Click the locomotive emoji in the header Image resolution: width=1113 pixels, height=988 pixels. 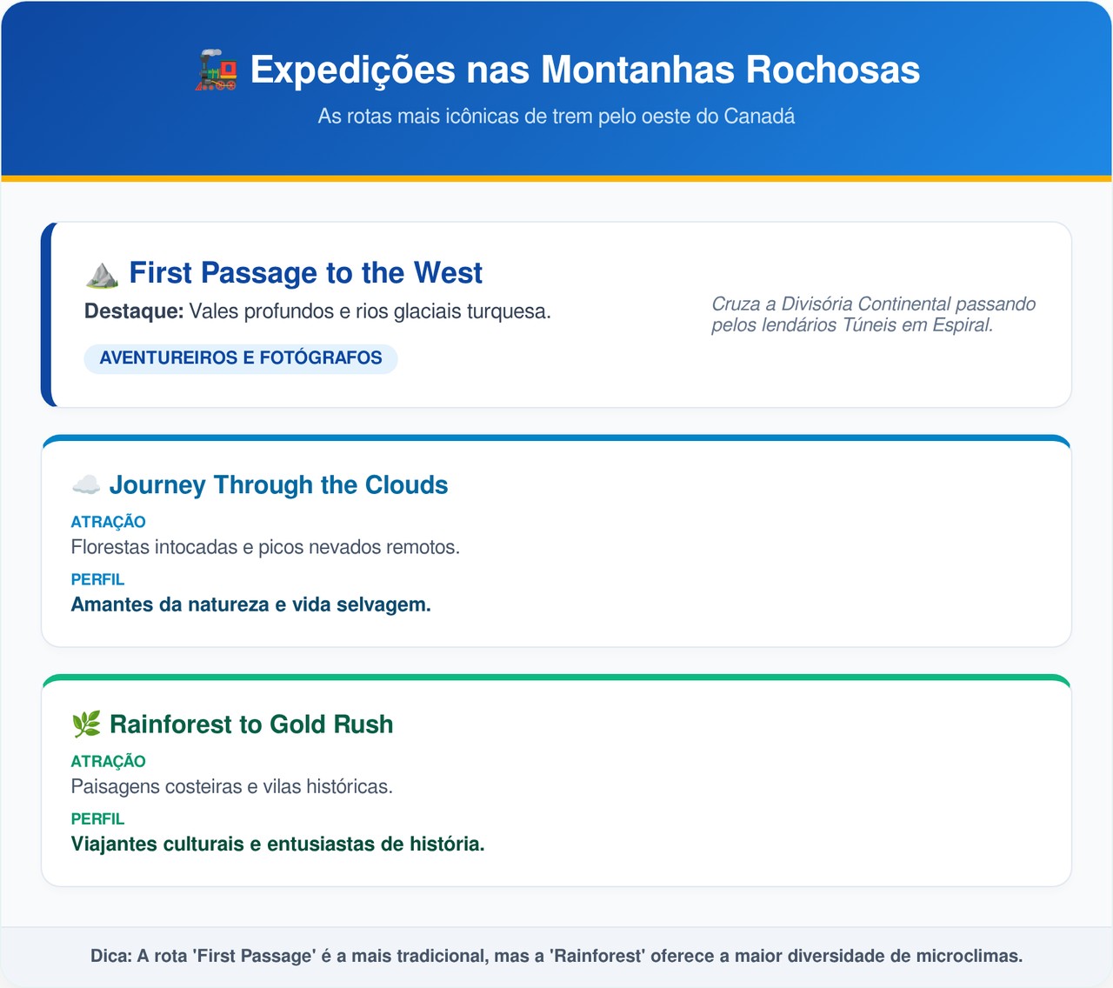coord(217,70)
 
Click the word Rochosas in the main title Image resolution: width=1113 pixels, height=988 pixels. coord(832,70)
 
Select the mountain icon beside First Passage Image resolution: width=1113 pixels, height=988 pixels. coord(103,275)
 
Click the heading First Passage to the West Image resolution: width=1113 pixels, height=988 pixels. coord(305,272)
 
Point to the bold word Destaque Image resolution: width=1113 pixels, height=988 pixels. coord(134,311)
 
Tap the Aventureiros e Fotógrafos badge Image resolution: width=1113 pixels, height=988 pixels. coord(241,358)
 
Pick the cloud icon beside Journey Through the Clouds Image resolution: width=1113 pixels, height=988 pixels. coord(86,484)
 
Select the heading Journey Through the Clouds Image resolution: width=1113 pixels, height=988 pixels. coord(278,485)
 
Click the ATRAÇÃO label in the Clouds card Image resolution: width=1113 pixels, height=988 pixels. coord(108,522)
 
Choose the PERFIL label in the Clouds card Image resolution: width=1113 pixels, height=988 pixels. coord(97,579)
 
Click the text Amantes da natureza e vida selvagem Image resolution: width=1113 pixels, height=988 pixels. coord(251,605)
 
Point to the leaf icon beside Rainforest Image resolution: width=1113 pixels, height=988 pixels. coord(86,724)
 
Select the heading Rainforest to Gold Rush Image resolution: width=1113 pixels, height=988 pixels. coord(251,724)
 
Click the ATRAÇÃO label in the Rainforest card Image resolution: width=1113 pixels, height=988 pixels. coord(108,761)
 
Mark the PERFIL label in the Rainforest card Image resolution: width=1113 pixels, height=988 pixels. coord(97,818)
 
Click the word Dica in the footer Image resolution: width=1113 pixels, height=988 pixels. coord(111,956)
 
